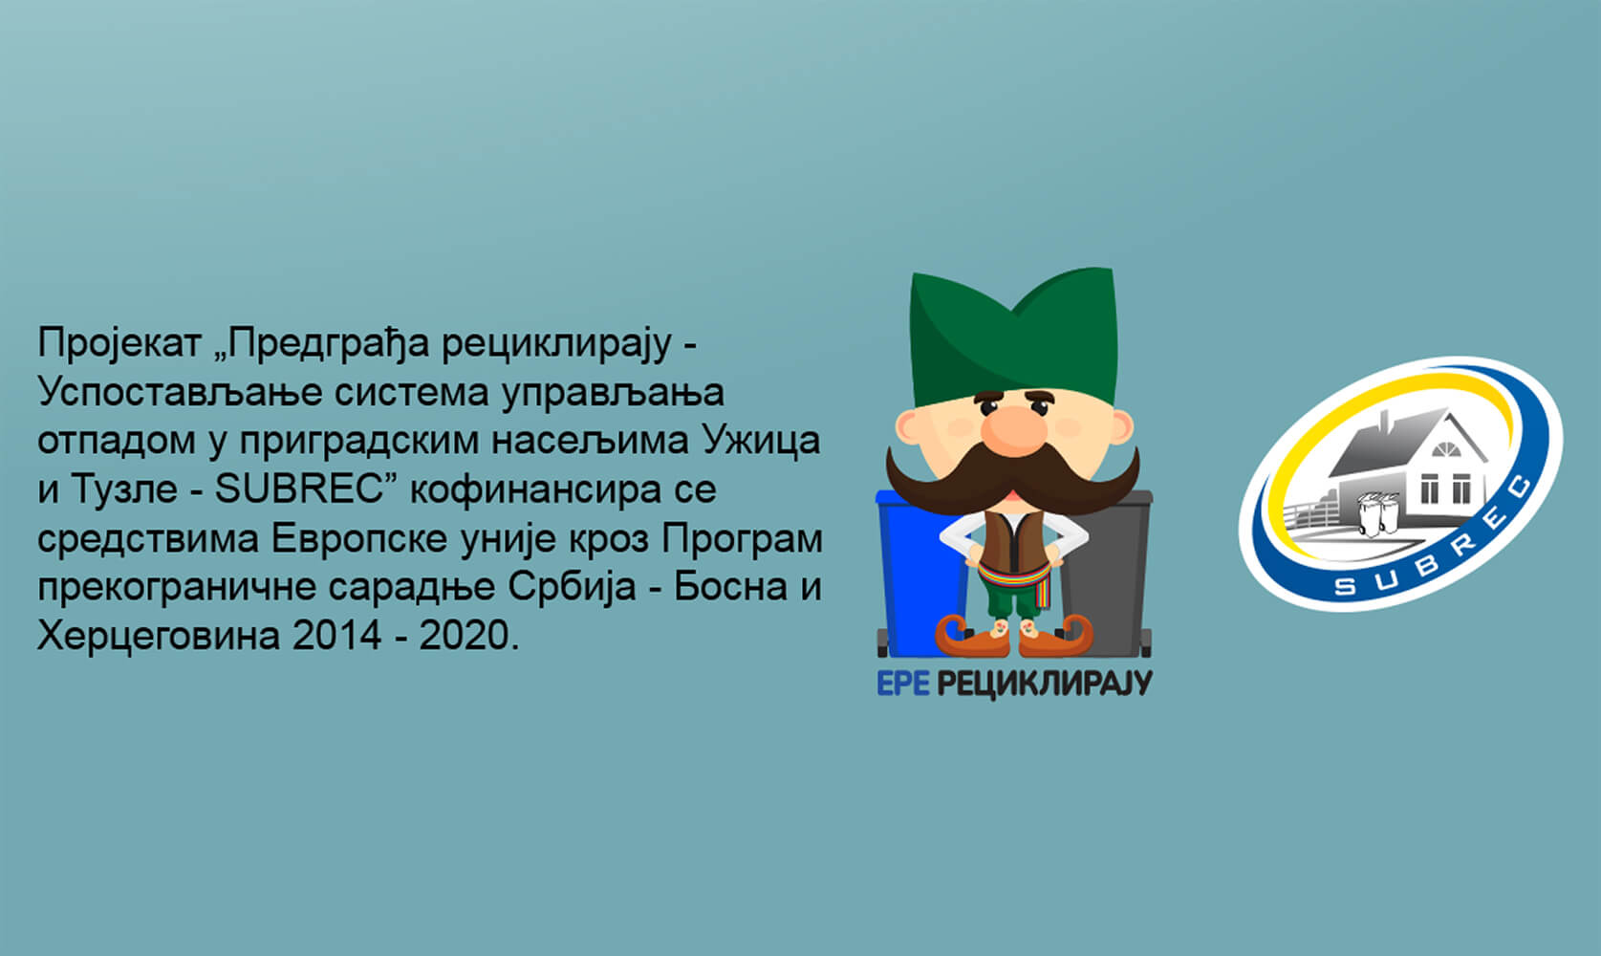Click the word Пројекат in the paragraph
pos(119,344)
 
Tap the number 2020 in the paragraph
pos(464,635)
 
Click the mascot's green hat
pos(1013,333)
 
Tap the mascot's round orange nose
pos(1013,425)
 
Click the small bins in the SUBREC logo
pos(1378,512)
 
